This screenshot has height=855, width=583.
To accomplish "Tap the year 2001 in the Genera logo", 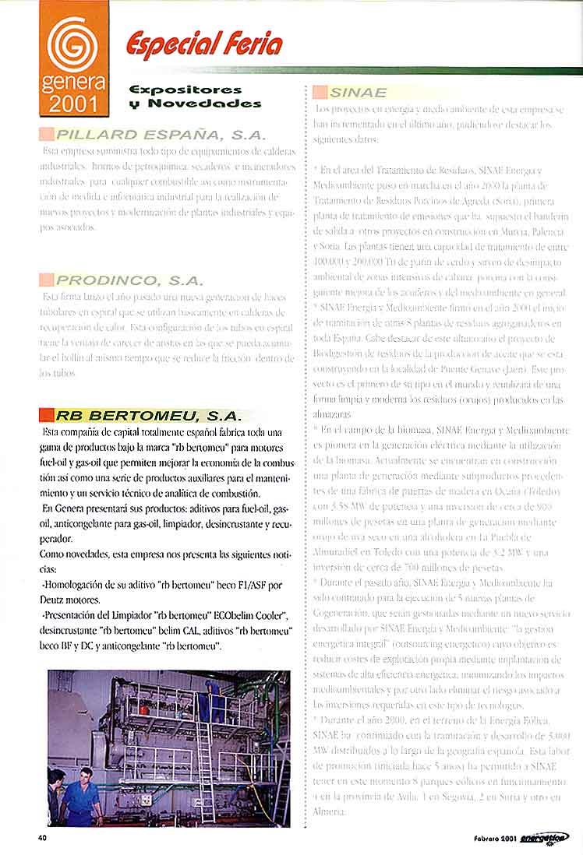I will [74, 103].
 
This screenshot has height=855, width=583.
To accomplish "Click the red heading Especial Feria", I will [204, 44].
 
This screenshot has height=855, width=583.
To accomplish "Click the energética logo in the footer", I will [547, 837].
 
